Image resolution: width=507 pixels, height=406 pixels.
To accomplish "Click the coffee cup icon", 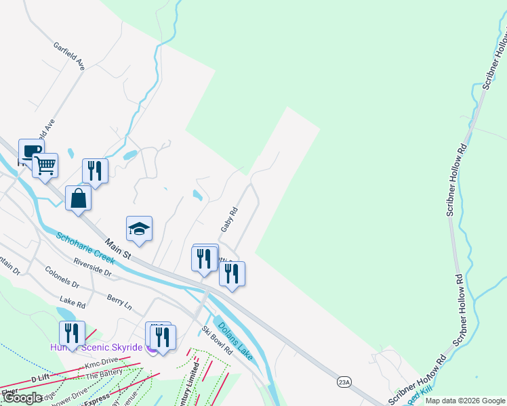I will [x=31, y=150].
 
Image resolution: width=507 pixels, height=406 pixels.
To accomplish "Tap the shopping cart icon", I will [x=45, y=164].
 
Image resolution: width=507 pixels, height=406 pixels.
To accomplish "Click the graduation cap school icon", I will [x=139, y=228].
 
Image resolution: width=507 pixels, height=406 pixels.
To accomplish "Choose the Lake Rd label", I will [x=73, y=300].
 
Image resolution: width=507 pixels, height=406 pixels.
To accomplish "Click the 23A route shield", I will [x=344, y=382].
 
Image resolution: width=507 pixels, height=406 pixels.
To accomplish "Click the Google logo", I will [x=22, y=398].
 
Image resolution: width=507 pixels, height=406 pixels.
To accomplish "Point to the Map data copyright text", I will [x=465, y=401].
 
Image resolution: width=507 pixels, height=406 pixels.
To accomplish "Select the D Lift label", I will [x=41, y=378].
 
